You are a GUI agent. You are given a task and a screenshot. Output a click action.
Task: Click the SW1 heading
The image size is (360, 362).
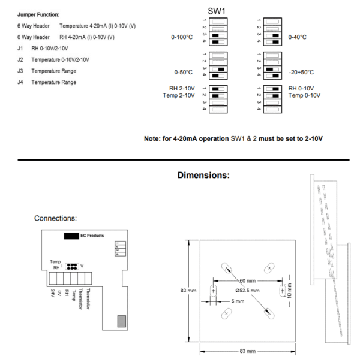click(216, 11)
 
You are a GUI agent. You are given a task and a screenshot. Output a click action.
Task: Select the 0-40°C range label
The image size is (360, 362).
click(298, 37)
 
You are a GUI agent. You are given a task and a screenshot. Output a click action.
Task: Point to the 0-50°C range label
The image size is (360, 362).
click(184, 72)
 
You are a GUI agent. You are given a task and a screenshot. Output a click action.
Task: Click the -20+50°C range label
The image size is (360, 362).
click(301, 72)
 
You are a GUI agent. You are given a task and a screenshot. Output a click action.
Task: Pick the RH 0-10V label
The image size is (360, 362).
click(301, 88)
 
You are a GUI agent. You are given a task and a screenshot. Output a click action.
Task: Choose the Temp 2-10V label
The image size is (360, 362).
click(178, 95)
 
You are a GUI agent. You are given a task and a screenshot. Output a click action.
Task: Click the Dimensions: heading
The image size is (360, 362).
click(204, 176)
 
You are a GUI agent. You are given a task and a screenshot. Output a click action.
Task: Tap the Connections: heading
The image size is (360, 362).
click(55, 218)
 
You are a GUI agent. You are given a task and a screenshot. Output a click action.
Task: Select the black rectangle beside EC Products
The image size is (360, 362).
click(71, 236)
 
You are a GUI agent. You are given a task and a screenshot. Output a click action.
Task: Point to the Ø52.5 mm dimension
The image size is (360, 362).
click(243, 290)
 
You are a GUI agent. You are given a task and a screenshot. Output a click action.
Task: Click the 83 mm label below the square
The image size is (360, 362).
click(247, 351)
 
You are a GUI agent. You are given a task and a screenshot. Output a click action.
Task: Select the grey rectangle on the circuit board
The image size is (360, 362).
click(122, 321)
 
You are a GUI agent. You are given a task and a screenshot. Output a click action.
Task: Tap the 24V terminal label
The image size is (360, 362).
click(53, 293)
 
